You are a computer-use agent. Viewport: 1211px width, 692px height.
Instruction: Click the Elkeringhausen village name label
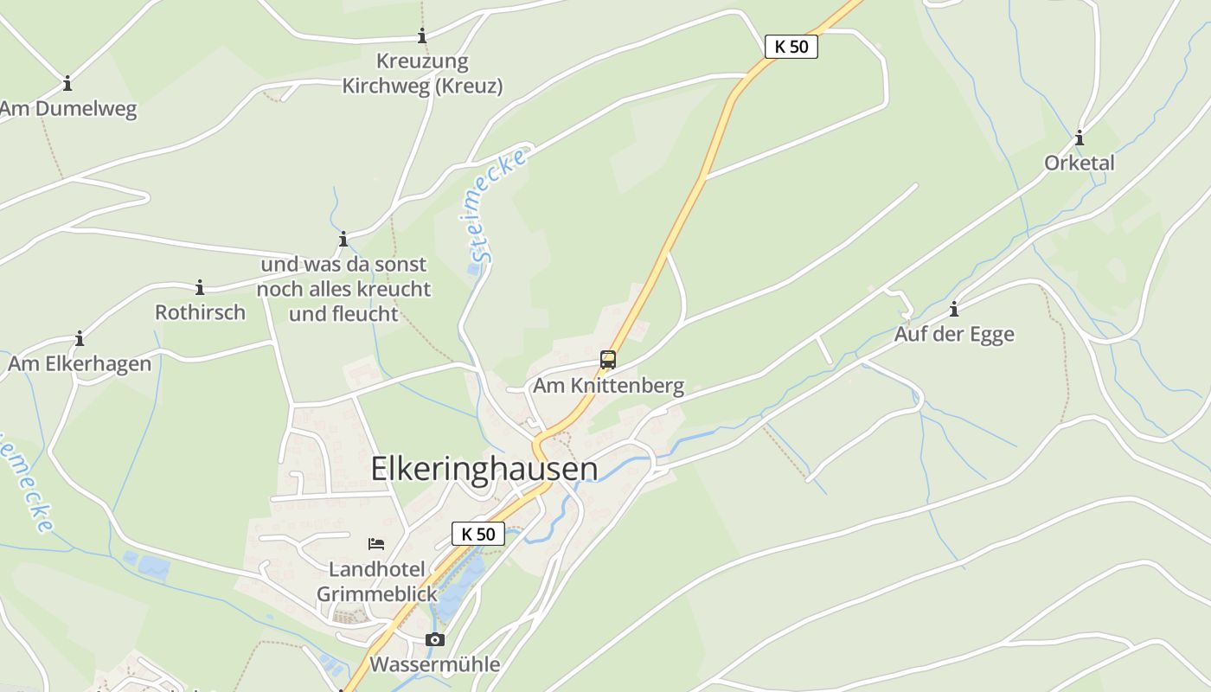(484, 468)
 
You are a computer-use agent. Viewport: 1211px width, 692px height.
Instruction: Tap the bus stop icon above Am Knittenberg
(608, 360)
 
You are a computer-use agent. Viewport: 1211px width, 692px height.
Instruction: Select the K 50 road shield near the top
(791, 47)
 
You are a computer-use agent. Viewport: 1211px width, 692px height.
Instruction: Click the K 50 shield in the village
(477, 534)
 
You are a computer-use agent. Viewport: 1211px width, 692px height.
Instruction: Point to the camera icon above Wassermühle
(435, 640)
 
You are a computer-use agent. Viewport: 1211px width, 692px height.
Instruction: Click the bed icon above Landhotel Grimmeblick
(376, 544)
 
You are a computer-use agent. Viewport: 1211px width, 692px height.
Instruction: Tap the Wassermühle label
(435, 664)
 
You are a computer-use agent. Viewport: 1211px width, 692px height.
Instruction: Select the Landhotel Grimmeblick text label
(377, 581)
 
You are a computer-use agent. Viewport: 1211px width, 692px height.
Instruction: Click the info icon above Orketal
(1079, 138)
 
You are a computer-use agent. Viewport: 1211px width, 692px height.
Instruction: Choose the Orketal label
(1079, 163)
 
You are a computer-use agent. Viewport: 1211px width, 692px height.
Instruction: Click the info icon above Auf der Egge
(954, 310)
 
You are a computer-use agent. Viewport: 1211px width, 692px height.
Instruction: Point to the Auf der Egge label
(954, 334)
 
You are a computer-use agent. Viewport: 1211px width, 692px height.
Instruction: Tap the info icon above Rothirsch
(200, 288)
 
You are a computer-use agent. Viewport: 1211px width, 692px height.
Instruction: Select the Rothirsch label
(200, 312)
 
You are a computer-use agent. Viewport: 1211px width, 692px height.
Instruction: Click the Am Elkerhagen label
(80, 363)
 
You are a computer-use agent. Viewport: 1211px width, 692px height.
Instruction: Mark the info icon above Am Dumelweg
(67, 85)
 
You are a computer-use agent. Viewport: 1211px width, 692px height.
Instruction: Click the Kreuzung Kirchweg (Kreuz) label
(422, 74)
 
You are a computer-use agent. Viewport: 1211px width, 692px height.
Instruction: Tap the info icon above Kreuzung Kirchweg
(422, 36)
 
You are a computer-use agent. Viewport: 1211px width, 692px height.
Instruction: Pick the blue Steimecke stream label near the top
(497, 206)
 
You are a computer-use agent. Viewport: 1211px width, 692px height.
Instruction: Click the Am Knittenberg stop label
(608, 386)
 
